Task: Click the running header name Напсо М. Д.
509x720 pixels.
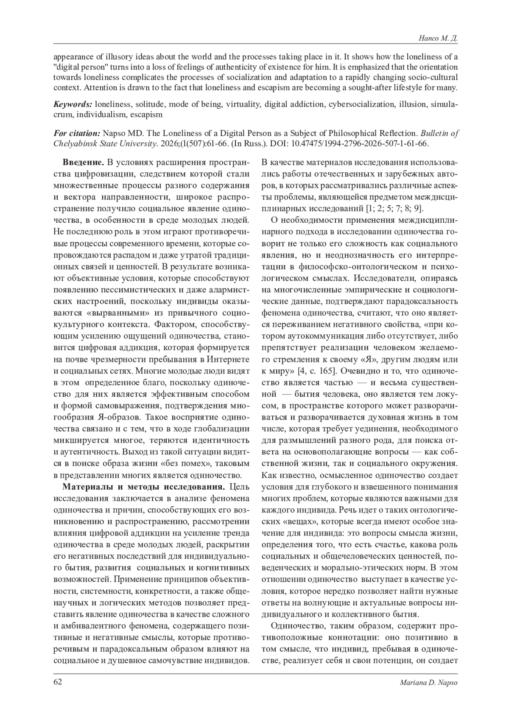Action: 440,39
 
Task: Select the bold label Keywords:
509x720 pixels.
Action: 73,104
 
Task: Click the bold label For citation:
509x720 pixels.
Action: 77,133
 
